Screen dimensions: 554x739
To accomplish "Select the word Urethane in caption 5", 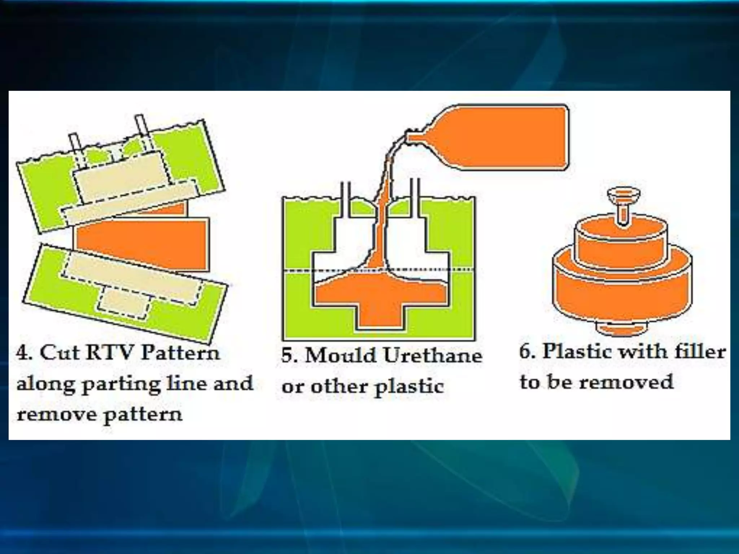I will point(433,356).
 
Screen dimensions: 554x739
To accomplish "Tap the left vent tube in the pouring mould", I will point(346,198).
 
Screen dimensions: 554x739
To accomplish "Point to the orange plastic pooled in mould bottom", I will point(379,303).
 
